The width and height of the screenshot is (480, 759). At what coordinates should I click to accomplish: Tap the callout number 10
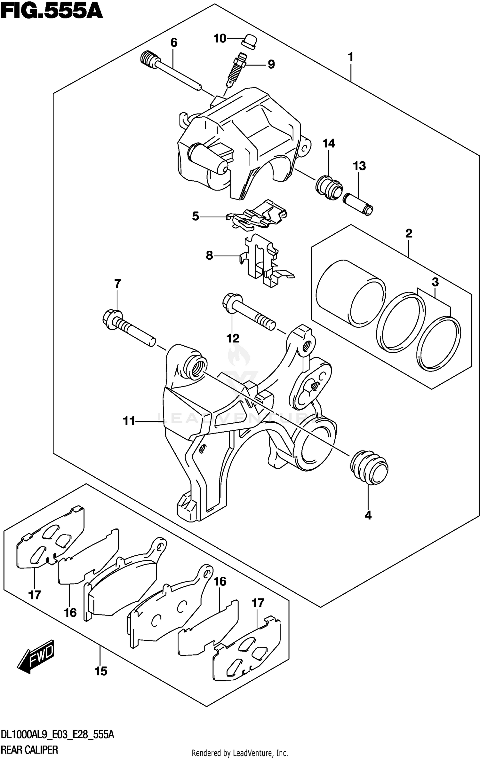pyautogui.click(x=220, y=39)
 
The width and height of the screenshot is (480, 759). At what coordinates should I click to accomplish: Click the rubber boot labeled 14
pyautogui.click(x=329, y=187)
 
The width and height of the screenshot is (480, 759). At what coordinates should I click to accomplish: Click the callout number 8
pyautogui.click(x=209, y=256)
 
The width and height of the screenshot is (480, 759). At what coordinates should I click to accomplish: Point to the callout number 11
pyautogui.click(x=129, y=421)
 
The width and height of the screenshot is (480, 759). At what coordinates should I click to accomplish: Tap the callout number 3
pyautogui.click(x=435, y=282)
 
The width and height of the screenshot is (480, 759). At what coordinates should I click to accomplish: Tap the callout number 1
pyautogui.click(x=351, y=57)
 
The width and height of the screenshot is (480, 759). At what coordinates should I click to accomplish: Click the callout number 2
pyautogui.click(x=409, y=233)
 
